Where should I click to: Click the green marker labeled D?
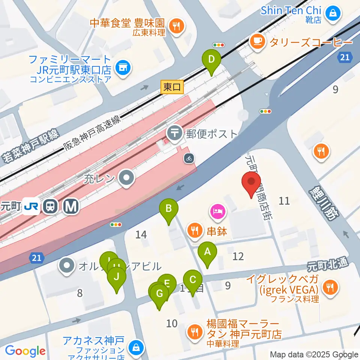[211, 60]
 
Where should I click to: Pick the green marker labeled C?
[193, 280]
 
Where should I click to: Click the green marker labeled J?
[116, 278]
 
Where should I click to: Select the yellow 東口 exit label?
[172, 87]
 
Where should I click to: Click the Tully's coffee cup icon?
[257, 41]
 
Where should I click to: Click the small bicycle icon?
[189, 158]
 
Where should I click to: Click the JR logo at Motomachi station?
[31, 206]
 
